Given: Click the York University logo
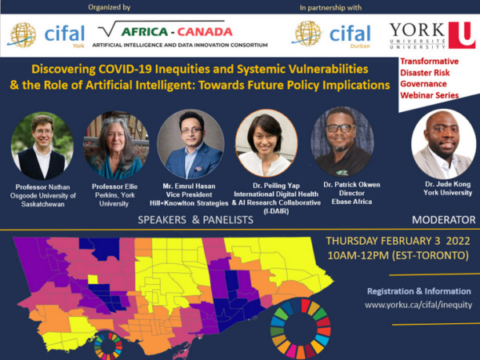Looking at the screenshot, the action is point(432,35).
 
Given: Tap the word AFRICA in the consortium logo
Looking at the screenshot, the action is point(145,32).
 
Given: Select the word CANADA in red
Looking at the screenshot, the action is point(205,32).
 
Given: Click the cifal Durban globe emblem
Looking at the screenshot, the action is point(307,34).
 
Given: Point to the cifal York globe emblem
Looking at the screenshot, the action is point(22,35).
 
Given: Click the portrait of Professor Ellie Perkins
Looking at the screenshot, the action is point(116,145).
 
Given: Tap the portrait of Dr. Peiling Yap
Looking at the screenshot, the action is point(266,143).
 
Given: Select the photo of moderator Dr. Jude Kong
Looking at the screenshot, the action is point(443,144).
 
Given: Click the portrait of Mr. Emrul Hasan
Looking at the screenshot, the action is point(190,144).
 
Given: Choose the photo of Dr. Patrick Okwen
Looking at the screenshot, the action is point(342,142).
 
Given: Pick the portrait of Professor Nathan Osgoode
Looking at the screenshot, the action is point(42,146).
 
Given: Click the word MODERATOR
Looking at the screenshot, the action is point(443,220).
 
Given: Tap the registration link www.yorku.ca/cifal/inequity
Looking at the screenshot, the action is point(418,305).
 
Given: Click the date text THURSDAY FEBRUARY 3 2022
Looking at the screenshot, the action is point(398,241).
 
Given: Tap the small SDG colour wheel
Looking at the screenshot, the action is point(108,346).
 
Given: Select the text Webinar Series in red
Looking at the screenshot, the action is point(429,95).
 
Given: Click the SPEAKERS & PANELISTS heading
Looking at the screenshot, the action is point(195,220).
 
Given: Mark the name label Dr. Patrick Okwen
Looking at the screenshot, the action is point(352,185).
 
